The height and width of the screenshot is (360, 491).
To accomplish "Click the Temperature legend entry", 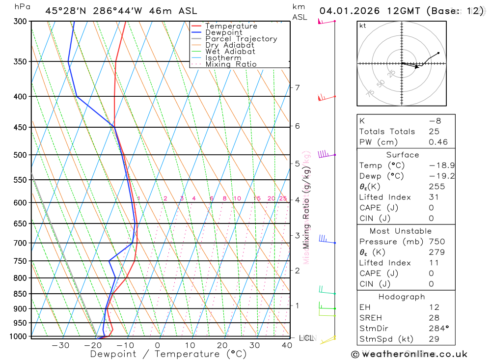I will (x=231, y=26).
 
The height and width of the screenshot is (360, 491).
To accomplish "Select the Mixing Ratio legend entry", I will (x=231, y=64).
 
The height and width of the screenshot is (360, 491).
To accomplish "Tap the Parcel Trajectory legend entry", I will (x=241, y=39).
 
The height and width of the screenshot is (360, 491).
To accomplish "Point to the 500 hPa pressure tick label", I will (x=20, y=155).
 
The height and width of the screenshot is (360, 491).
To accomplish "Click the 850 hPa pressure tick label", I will (x=20, y=294).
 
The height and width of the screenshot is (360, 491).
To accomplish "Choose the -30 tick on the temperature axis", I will (x=60, y=345).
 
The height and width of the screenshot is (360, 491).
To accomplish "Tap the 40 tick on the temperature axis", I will (x=287, y=345).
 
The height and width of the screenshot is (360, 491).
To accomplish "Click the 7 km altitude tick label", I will (x=298, y=88).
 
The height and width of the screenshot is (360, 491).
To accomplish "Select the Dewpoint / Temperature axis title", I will (x=168, y=354).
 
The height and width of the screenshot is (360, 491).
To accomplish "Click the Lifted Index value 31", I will (x=434, y=197).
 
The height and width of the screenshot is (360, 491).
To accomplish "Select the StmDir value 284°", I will (x=438, y=329).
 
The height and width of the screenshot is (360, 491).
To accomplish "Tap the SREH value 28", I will (x=434, y=318).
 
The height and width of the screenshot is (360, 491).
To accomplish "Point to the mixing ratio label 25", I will (x=283, y=198).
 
